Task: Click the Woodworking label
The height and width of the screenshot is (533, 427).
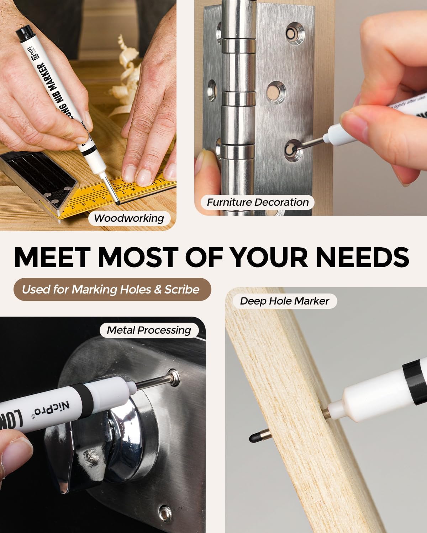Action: [129, 218]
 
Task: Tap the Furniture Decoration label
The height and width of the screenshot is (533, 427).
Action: [257, 202]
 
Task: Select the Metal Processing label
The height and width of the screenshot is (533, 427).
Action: [149, 330]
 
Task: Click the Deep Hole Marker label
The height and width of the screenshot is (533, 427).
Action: [284, 301]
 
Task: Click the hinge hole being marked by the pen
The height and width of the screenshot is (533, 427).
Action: [293, 149]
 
